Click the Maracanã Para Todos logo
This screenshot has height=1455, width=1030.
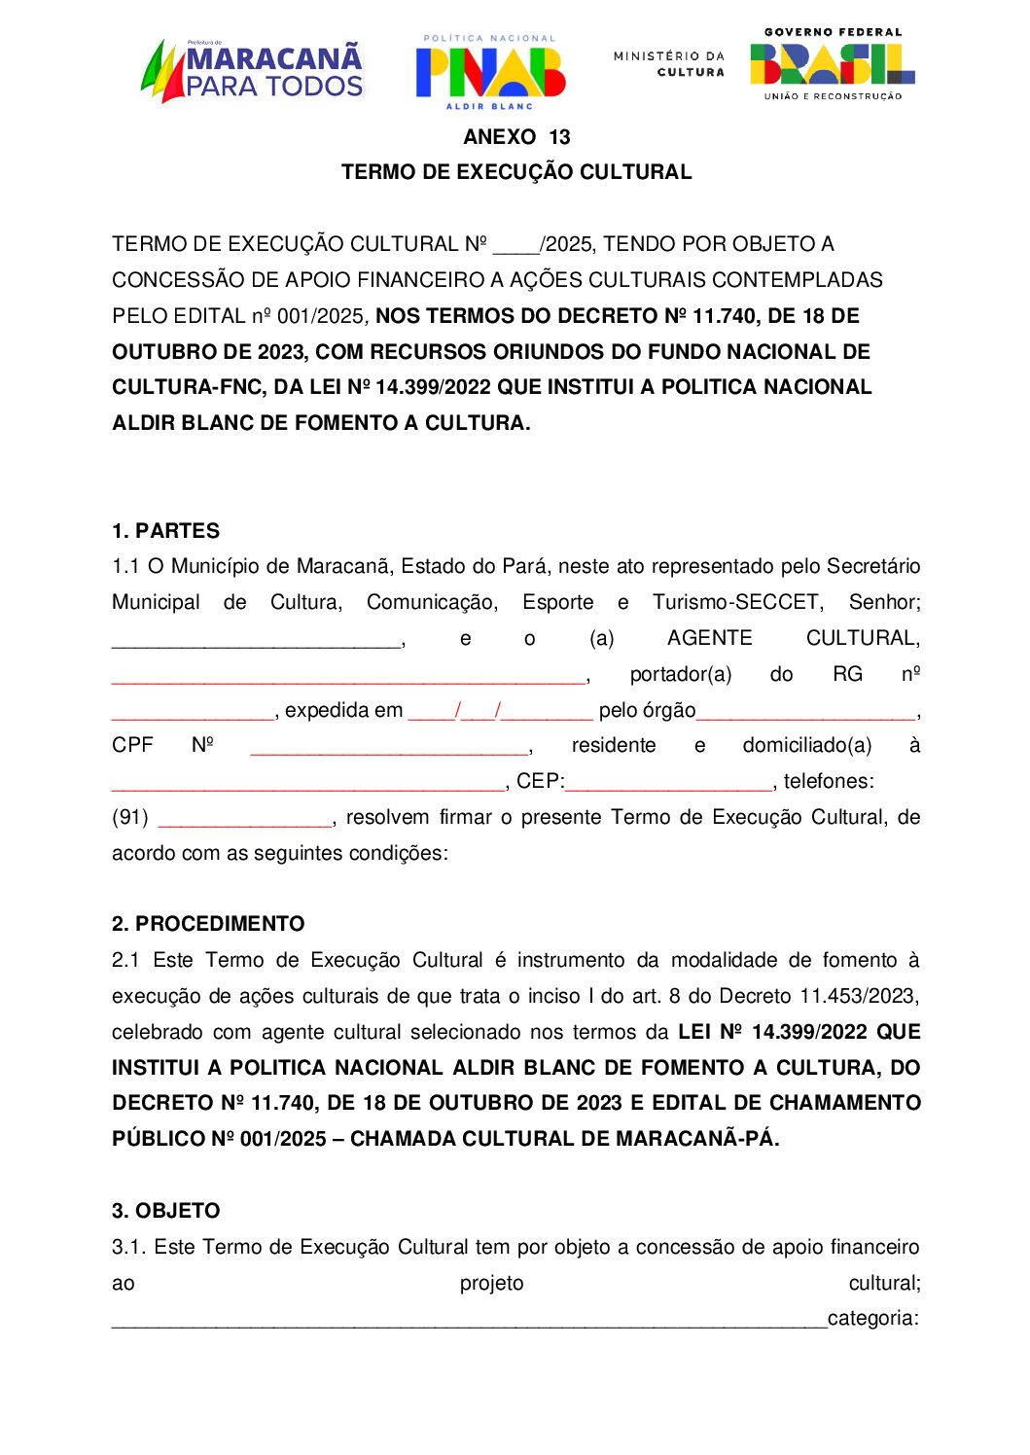pos(253,70)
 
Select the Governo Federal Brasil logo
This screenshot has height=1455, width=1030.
pos(832,65)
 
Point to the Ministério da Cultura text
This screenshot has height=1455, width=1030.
pos(669,63)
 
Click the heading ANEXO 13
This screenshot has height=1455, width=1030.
pos(516,137)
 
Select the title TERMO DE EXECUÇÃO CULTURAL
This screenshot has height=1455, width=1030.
pos(516,172)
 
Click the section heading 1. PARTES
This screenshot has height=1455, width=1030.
pos(165,531)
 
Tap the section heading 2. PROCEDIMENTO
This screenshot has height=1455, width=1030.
pos(208,924)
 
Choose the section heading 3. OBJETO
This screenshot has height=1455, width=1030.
pos(166,1211)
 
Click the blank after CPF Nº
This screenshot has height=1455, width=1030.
pos(389,747)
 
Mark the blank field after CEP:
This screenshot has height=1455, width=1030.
pos(668,783)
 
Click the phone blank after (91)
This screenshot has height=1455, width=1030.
pos(244,819)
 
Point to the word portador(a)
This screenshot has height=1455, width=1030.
pos(680,674)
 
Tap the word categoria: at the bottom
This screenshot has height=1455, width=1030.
pos(872,1319)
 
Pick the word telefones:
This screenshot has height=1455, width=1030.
pos(829,781)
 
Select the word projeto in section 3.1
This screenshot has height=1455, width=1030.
pos(491,1283)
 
